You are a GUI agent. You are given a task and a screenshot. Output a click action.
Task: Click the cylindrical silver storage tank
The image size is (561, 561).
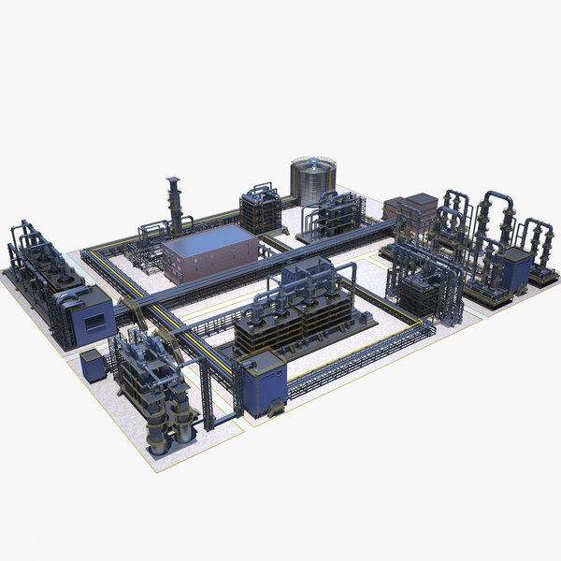[313, 180]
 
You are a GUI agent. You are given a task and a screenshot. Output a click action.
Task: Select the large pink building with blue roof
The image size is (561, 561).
[210, 257]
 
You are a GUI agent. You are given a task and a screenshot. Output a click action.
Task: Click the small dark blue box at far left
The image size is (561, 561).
[92, 365]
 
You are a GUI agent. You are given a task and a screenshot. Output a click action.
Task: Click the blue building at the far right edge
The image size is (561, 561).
[514, 269]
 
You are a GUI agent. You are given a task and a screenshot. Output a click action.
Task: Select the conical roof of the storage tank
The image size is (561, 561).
[313, 162]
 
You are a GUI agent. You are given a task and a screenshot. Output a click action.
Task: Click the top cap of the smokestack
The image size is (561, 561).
[174, 179]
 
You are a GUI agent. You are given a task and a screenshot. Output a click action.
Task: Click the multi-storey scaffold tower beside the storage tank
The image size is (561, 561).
[261, 210]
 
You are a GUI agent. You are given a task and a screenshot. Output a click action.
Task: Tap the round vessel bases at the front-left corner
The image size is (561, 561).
[173, 435]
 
